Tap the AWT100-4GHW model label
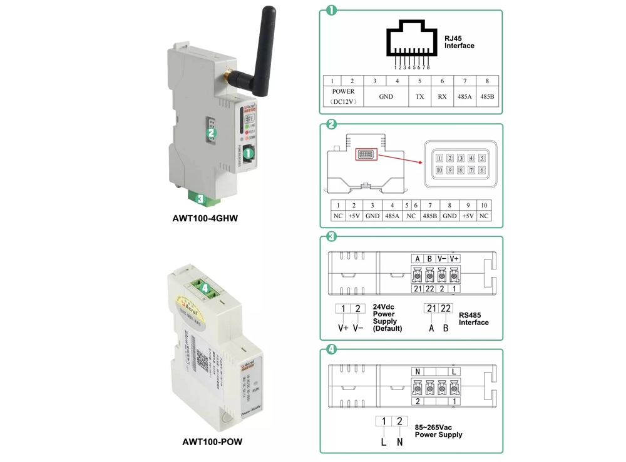click(x=205, y=219)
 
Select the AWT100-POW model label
click(x=212, y=442)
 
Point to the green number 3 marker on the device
click(x=200, y=199)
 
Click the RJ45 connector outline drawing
click(x=411, y=43)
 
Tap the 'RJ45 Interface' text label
click(x=459, y=42)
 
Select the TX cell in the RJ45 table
click(x=419, y=97)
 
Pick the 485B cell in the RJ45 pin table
click(x=486, y=97)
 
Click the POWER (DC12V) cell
click(x=343, y=96)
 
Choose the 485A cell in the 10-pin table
click(x=392, y=216)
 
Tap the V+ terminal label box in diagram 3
click(x=454, y=259)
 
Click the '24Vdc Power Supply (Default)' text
click(x=387, y=318)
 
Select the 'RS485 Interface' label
click(x=473, y=319)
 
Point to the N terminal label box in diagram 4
click(x=418, y=371)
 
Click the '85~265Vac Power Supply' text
click(x=438, y=431)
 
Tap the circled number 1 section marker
click(x=331, y=11)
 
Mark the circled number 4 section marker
click(x=331, y=350)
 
